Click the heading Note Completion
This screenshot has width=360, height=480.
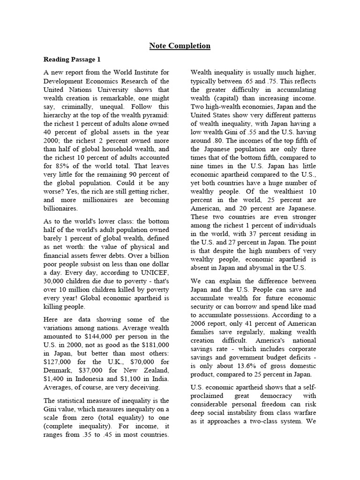180,45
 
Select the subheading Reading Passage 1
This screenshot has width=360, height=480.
72,60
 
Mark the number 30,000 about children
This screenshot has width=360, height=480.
54,281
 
